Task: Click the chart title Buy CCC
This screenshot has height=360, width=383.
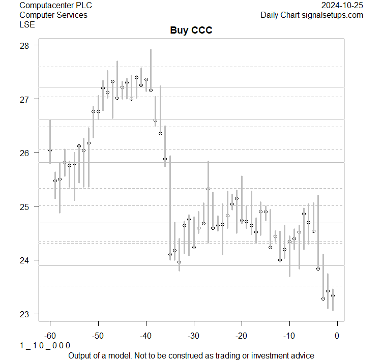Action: coord(191,31)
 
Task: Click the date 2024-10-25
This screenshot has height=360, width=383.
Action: coord(342,5)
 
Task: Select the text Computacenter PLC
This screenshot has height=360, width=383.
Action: coord(56,5)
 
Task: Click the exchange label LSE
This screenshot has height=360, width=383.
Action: coord(26,24)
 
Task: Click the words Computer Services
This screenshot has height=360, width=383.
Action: coord(53,15)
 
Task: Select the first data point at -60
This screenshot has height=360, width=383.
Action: coord(50,150)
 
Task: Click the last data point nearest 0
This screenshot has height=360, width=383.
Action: coord(333,295)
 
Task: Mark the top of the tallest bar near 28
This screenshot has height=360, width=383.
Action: coord(151,49)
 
